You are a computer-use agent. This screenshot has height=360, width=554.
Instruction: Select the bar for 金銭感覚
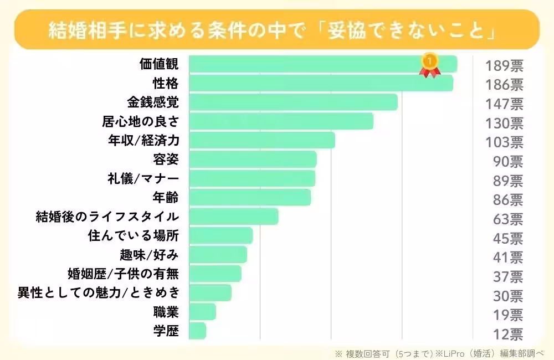coord(293,102)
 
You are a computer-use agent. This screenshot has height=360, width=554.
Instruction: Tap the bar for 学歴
coord(197,331)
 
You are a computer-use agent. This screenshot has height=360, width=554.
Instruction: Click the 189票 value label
coord(504,66)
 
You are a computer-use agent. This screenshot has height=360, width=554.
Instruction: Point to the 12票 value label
coord(508,333)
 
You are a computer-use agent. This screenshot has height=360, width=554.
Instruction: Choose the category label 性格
coord(166,84)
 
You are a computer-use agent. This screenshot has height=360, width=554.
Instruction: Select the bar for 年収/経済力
coord(261,140)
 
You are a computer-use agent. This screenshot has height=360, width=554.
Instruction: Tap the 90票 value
coord(508,162)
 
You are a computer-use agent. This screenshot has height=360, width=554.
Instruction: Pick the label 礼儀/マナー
coord(143,178)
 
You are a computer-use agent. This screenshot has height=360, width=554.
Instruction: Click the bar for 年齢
coord(250,197)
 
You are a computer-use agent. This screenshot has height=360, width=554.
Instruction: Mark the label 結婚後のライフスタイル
coord(107,217)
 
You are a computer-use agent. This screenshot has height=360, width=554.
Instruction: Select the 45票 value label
coord(508,239)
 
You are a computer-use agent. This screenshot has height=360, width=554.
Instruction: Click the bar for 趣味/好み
coord(218,255)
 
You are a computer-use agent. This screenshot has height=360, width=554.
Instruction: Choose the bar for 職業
coord(202,312)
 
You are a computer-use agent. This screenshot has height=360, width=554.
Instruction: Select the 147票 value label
coord(504,104)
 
